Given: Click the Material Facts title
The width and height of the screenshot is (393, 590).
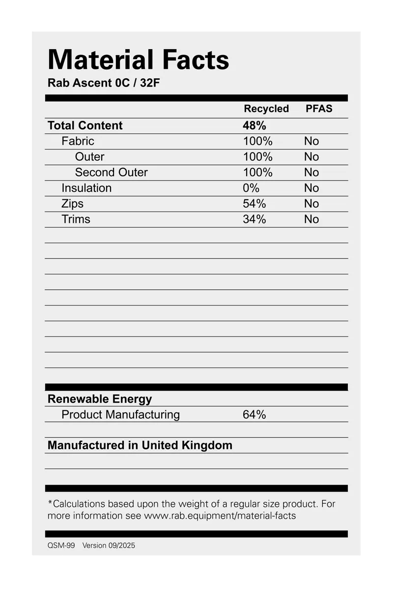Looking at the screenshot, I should pos(138,60).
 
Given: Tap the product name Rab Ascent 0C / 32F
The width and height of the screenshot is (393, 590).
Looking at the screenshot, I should pos(104,83).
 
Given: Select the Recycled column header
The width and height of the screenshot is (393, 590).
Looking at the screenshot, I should pos(266,109).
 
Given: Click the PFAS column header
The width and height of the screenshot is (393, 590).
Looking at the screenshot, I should pos(319,109).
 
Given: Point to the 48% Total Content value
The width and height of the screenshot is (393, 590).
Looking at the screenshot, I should pos(254,125).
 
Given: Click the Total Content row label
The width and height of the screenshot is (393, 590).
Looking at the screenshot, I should pos(85,125).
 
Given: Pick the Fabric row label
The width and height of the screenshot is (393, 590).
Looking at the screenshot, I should pos(78,141).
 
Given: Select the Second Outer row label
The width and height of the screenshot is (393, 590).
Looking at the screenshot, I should pos(111,172).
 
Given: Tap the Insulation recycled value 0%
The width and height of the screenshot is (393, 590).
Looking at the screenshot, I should pos(251,188).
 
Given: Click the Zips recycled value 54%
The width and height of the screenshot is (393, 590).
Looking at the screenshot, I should pos(254,204).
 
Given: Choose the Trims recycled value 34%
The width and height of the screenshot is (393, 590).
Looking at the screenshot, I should pos(254,219).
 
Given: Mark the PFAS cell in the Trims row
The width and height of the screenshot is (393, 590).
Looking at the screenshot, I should pos(311,219).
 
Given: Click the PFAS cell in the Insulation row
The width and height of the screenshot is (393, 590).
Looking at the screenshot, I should pos(311,188).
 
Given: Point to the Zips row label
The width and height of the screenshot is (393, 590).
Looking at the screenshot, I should pos(72,204).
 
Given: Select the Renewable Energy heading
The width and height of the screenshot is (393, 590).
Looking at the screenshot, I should pos(100,399).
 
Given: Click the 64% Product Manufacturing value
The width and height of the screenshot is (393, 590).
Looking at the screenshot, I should pos(254,415).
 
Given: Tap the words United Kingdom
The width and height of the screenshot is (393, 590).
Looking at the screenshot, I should pos(187,446).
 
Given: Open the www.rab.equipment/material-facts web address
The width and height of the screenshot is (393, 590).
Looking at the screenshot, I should pos(220,516).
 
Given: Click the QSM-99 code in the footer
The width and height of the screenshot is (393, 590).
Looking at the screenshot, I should pos(61,546).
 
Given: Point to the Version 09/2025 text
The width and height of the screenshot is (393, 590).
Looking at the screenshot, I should pos(109,546).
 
